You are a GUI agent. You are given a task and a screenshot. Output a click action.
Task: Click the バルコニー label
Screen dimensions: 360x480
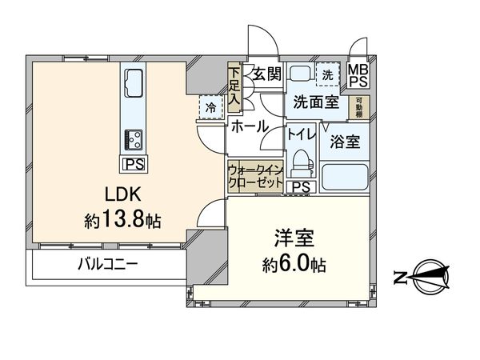[x=108, y=263]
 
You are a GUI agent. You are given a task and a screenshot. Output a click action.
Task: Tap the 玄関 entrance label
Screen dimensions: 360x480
[x=265, y=74]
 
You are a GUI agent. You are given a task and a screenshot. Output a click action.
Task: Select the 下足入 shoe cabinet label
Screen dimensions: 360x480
[x=234, y=86]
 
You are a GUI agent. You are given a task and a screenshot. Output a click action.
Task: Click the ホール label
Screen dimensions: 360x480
[x=250, y=126]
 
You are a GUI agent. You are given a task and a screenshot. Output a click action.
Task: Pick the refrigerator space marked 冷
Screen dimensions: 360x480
[x=209, y=107]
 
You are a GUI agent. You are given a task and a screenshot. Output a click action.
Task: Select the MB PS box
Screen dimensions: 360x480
[x=357, y=75]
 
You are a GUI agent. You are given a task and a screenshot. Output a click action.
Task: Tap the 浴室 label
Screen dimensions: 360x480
[x=345, y=141]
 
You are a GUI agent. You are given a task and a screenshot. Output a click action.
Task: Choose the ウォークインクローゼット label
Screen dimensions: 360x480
[x=254, y=176]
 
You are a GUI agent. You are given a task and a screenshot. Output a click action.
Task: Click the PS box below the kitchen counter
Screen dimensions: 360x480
[x=132, y=164]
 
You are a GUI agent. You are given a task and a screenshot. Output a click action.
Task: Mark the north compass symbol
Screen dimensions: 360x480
[x=429, y=277]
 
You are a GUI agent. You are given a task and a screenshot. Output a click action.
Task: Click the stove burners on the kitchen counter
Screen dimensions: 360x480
[x=132, y=140]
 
